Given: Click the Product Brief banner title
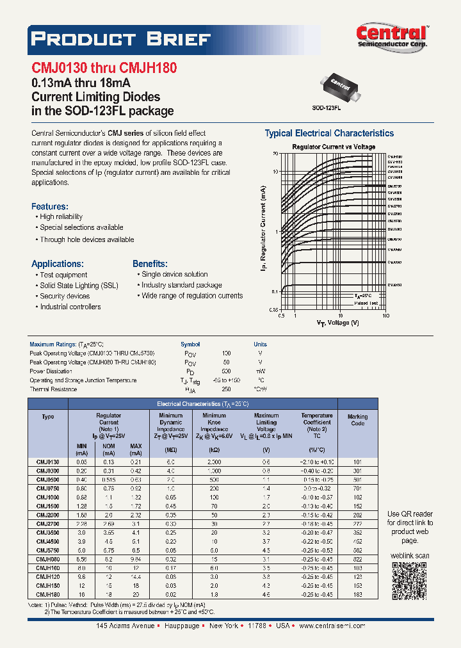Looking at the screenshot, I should click(x=121, y=39).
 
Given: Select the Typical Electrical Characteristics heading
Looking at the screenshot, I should click(x=329, y=133).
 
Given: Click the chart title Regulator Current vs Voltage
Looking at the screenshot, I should click(x=334, y=147).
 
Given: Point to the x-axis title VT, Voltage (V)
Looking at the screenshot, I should click(x=337, y=323).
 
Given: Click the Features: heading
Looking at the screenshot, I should click(x=49, y=206).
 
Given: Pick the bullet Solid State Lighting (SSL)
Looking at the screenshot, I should click(x=79, y=286).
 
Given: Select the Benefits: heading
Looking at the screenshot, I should click(x=150, y=264).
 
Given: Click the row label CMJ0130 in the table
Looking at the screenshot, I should click(x=48, y=461).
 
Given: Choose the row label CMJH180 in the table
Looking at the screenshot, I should click(x=48, y=594).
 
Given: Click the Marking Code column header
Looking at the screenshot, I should click(x=357, y=420).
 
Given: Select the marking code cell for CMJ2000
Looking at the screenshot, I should click(x=357, y=514).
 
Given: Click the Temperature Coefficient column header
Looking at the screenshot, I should click(x=317, y=423).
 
